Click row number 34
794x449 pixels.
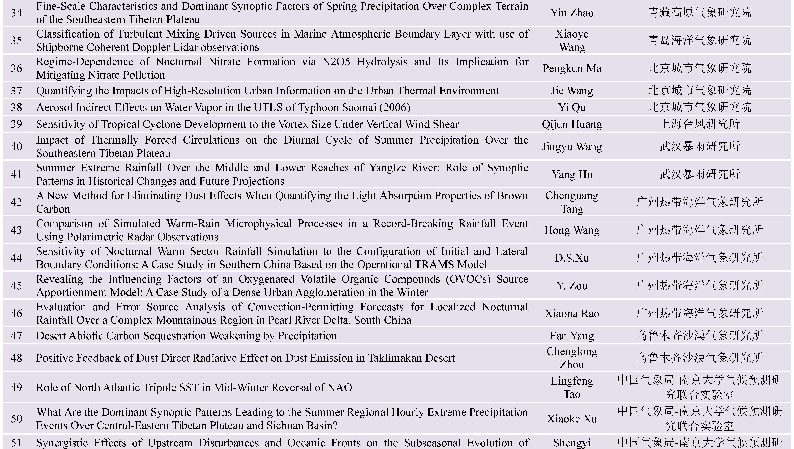pyautogui.click(x=16, y=13)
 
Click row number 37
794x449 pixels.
pyautogui.click(x=16, y=91)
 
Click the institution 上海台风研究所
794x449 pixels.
pyautogui.click(x=700, y=124)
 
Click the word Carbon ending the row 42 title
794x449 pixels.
pyautogui.click(x=53, y=209)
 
